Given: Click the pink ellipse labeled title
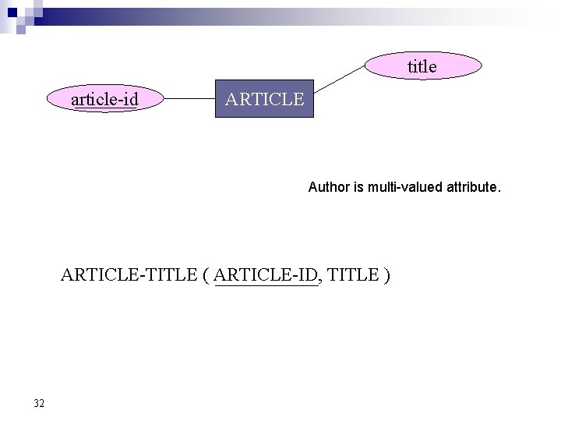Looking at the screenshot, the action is click(422, 67).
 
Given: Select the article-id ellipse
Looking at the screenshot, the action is click(104, 99).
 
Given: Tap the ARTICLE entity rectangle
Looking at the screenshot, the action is click(264, 99).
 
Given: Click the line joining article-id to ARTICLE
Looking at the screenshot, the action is click(188, 100).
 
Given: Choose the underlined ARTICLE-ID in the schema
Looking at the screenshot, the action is click(266, 275).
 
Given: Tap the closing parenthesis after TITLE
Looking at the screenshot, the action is click(387, 275).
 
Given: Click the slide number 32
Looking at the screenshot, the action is click(39, 403).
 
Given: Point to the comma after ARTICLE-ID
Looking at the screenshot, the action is click(321, 279).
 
